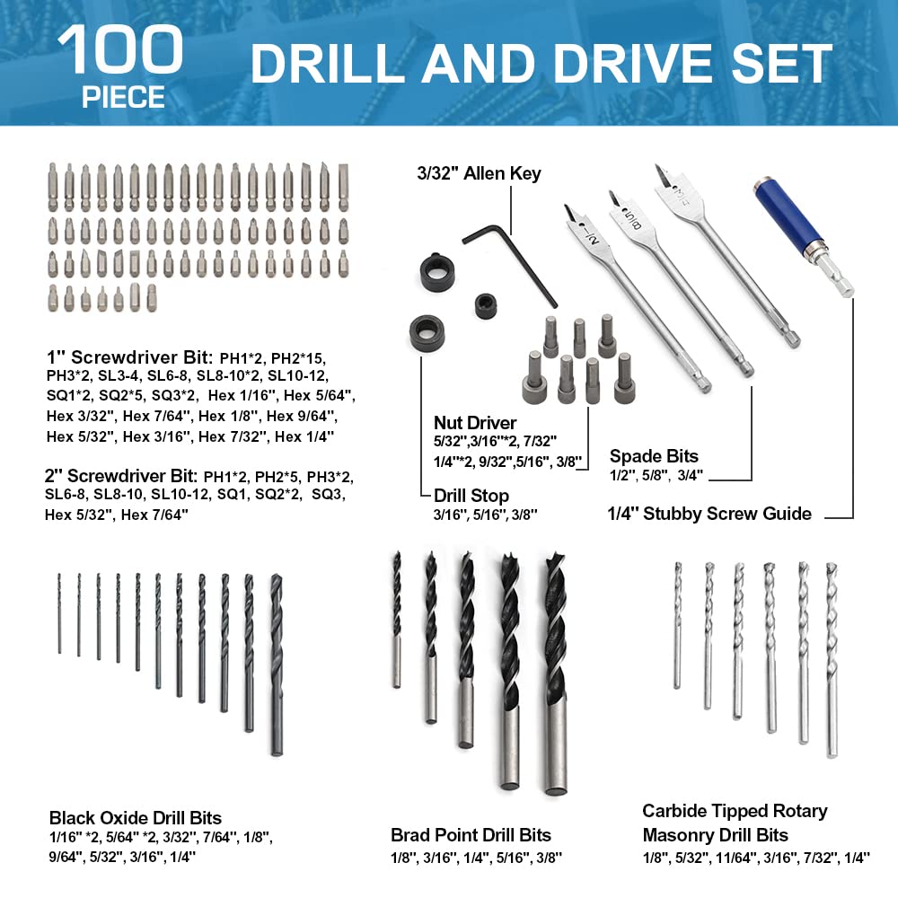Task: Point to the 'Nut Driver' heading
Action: pos(476,422)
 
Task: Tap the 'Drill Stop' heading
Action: pos(471,495)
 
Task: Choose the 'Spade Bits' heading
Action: pos(654,455)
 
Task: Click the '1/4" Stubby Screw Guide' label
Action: pos(710,514)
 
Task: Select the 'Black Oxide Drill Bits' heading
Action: pos(136,817)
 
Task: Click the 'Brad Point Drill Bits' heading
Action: pos(471,835)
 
